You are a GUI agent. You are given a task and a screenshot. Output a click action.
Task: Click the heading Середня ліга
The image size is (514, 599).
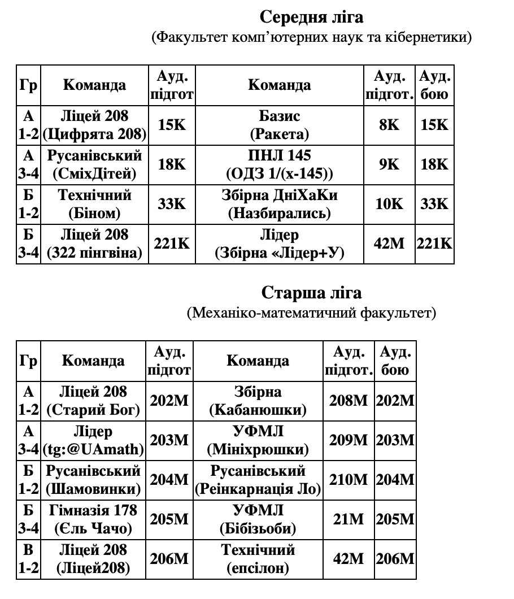(x=311, y=17)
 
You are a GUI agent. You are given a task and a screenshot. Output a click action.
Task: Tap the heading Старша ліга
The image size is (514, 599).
(x=311, y=293)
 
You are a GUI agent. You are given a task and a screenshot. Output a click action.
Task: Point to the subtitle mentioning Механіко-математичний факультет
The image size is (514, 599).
(x=311, y=312)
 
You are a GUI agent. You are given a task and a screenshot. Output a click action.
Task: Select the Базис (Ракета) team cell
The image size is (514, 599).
(x=280, y=125)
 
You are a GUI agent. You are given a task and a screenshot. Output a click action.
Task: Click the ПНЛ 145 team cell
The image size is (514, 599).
(x=280, y=164)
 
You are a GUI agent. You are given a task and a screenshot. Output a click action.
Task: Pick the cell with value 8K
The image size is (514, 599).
(x=389, y=125)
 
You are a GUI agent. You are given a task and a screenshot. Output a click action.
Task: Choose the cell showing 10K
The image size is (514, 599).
(x=389, y=204)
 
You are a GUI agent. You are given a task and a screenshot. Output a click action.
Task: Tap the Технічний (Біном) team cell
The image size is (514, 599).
(x=94, y=204)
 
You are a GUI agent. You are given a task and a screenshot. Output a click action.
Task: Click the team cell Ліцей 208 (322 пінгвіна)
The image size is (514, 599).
(x=94, y=244)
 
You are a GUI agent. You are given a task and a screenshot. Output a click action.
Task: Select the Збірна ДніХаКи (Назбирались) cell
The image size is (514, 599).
(x=280, y=204)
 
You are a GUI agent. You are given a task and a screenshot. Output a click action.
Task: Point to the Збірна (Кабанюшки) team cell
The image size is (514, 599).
(x=258, y=401)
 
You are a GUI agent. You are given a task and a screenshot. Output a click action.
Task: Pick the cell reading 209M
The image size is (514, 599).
(x=349, y=440)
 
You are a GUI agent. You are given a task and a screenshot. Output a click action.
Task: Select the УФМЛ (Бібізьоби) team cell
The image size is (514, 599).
(x=258, y=519)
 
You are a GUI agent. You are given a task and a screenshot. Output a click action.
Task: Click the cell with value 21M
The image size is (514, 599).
(x=349, y=519)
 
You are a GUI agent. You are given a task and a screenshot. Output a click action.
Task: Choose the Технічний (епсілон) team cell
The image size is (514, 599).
(x=258, y=559)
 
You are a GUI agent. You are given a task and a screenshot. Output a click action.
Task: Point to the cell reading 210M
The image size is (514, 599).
(x=349, y=480)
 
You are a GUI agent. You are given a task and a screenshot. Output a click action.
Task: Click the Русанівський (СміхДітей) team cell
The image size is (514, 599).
(x=94, y=164)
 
